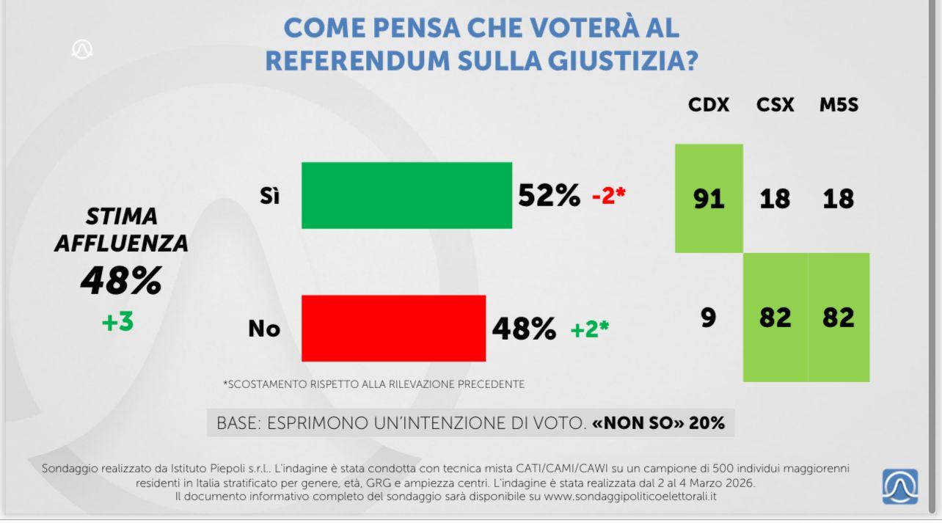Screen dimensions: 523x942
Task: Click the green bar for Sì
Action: (406, 195)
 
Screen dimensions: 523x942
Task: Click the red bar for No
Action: (393, 328)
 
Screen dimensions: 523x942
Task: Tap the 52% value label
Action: (549, 195)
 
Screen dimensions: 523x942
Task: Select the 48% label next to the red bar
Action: (523, 329)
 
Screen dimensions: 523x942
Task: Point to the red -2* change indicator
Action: (608, 196)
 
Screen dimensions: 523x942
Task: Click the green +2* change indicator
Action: (589, 329)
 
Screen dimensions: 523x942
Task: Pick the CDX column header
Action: (709, 105)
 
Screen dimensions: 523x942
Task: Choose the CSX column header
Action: (775, 105)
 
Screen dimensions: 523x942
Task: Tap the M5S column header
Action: (839, 105)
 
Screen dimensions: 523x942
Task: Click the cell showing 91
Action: (709, 198)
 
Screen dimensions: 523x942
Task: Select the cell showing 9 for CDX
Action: (708, 317)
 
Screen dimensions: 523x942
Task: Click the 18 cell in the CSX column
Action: (775, 198)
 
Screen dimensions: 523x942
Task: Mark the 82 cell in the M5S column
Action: (839, 317)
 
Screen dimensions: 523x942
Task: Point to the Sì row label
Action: (269, 196)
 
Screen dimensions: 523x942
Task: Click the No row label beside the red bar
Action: (264, 329)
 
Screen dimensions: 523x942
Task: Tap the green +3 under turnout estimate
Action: (117, 321)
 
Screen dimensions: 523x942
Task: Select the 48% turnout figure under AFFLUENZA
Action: (120, 280)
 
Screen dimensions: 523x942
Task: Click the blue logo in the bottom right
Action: (900, 486)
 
